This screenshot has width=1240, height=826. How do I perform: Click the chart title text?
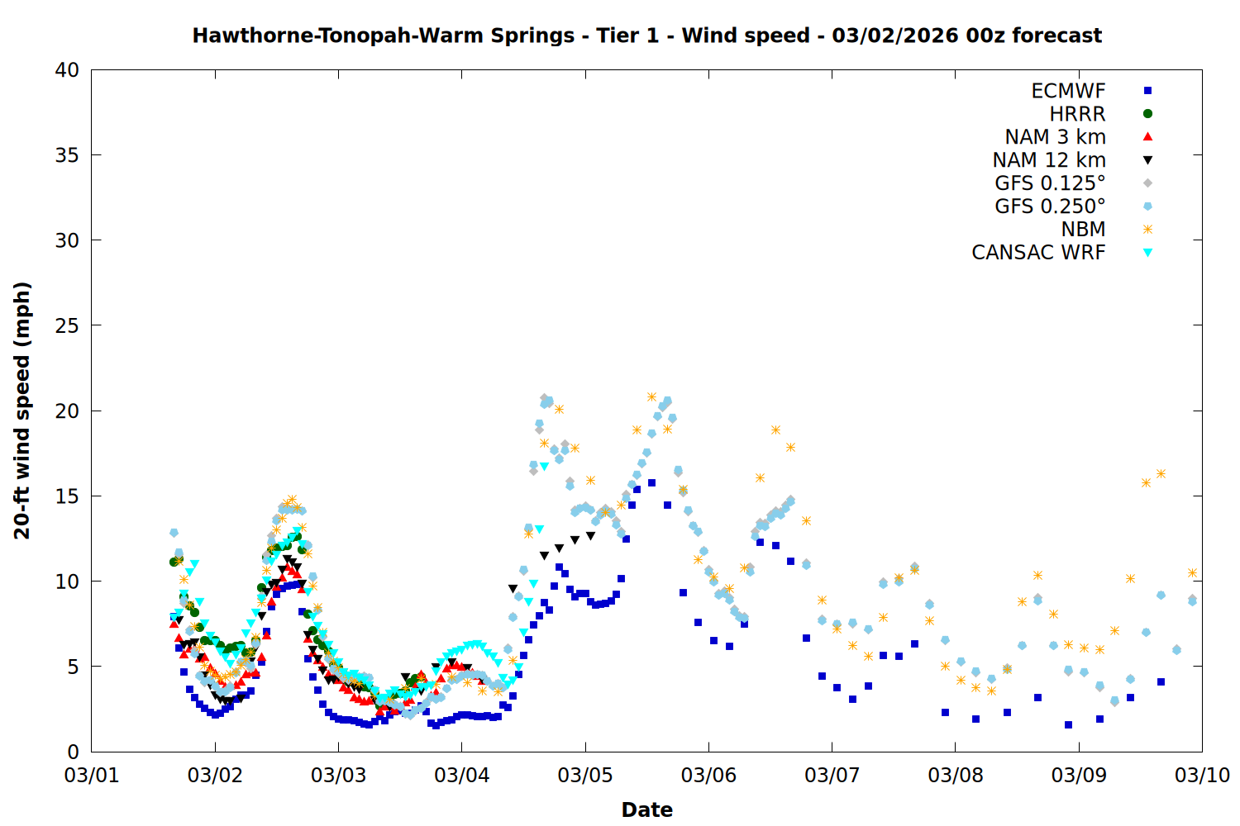click(646, 36)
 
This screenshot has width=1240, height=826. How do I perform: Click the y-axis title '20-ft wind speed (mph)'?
click(22, 411)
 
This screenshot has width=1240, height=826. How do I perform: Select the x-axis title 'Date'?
click(646, 809)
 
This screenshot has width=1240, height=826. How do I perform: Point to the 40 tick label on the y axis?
click(67, 70)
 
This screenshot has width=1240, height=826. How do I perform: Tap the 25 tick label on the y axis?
click(67, 325)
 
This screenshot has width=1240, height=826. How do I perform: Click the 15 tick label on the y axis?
click(67, 496)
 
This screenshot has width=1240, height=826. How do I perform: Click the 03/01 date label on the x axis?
click(92, 776)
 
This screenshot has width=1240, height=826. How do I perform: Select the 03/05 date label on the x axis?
click(585, 776)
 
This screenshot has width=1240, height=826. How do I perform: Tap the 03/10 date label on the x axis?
click(1202, 776)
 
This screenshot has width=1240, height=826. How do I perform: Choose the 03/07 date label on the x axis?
click(832, 776)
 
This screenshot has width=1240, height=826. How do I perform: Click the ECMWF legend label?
click(1068, 91)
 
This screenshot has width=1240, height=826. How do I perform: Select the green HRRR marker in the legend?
click(1147, 114)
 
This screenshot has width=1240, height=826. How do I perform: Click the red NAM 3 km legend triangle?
click(1147, 136)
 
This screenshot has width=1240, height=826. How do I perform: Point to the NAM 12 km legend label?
click(1049, 160)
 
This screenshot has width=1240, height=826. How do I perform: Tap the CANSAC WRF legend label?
click(1038, 253)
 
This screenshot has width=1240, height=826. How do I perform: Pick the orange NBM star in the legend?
click(1147, 230)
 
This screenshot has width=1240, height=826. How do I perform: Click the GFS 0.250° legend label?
click(1050, 206)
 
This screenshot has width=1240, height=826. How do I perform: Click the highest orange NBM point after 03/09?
click(1161, 473)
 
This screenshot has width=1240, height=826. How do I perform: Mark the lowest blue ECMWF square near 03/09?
click(1068, 724)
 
